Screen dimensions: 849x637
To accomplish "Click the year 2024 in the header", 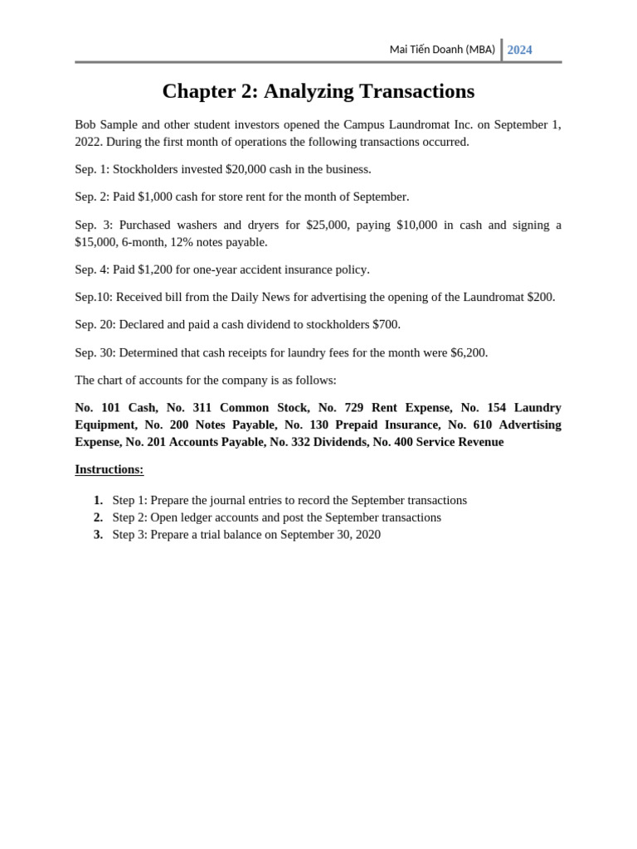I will point(519,50).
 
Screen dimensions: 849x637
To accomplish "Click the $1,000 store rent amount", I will point(154,196).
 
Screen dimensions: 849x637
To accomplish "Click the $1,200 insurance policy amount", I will point(154,269).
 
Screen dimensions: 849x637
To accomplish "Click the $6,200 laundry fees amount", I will point(469,352).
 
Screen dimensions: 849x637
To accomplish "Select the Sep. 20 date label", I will point(95,324).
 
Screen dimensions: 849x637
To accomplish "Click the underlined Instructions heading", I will point(109,469).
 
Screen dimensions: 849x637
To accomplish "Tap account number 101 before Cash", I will point(110,407).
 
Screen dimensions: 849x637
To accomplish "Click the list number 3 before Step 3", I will point(98,535).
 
